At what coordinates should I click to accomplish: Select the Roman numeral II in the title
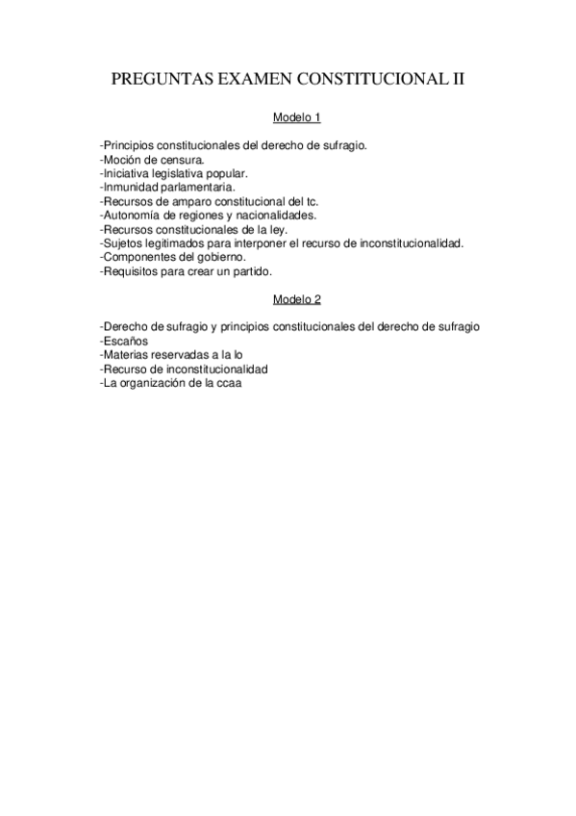pyautogui.click(x=457, y=81)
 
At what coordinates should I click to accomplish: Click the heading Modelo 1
pyautogui.click(x=296, y=117)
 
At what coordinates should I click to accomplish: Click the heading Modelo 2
pyautogui.click(x=296, y=299)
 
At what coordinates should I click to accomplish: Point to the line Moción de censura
pyautogui.click(x=152, y=159)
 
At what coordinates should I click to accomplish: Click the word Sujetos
pyautogui.click(x=124, y=243)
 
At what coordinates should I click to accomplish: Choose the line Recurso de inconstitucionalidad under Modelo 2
pyautogui.click(x=184, y=370)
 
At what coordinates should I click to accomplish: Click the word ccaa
pyautogui.click(x=232, y=384)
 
